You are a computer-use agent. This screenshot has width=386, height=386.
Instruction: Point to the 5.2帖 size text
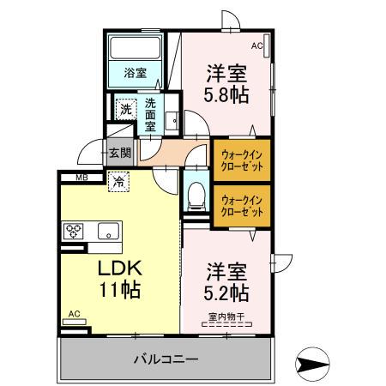click(226, 293)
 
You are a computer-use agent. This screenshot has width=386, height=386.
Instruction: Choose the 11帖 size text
click(118, 291)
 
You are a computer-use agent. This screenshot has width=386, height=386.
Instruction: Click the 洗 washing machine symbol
click(125, 109)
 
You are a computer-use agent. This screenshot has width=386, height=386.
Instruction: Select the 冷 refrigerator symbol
click(118, 183)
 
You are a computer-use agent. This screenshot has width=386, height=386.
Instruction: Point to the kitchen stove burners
click(75, 230)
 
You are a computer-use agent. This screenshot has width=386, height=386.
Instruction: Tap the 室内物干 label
click(226, 323)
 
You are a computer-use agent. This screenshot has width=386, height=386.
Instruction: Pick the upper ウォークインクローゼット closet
click(242, 159)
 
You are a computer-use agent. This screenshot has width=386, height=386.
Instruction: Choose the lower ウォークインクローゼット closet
click(242, 206)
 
